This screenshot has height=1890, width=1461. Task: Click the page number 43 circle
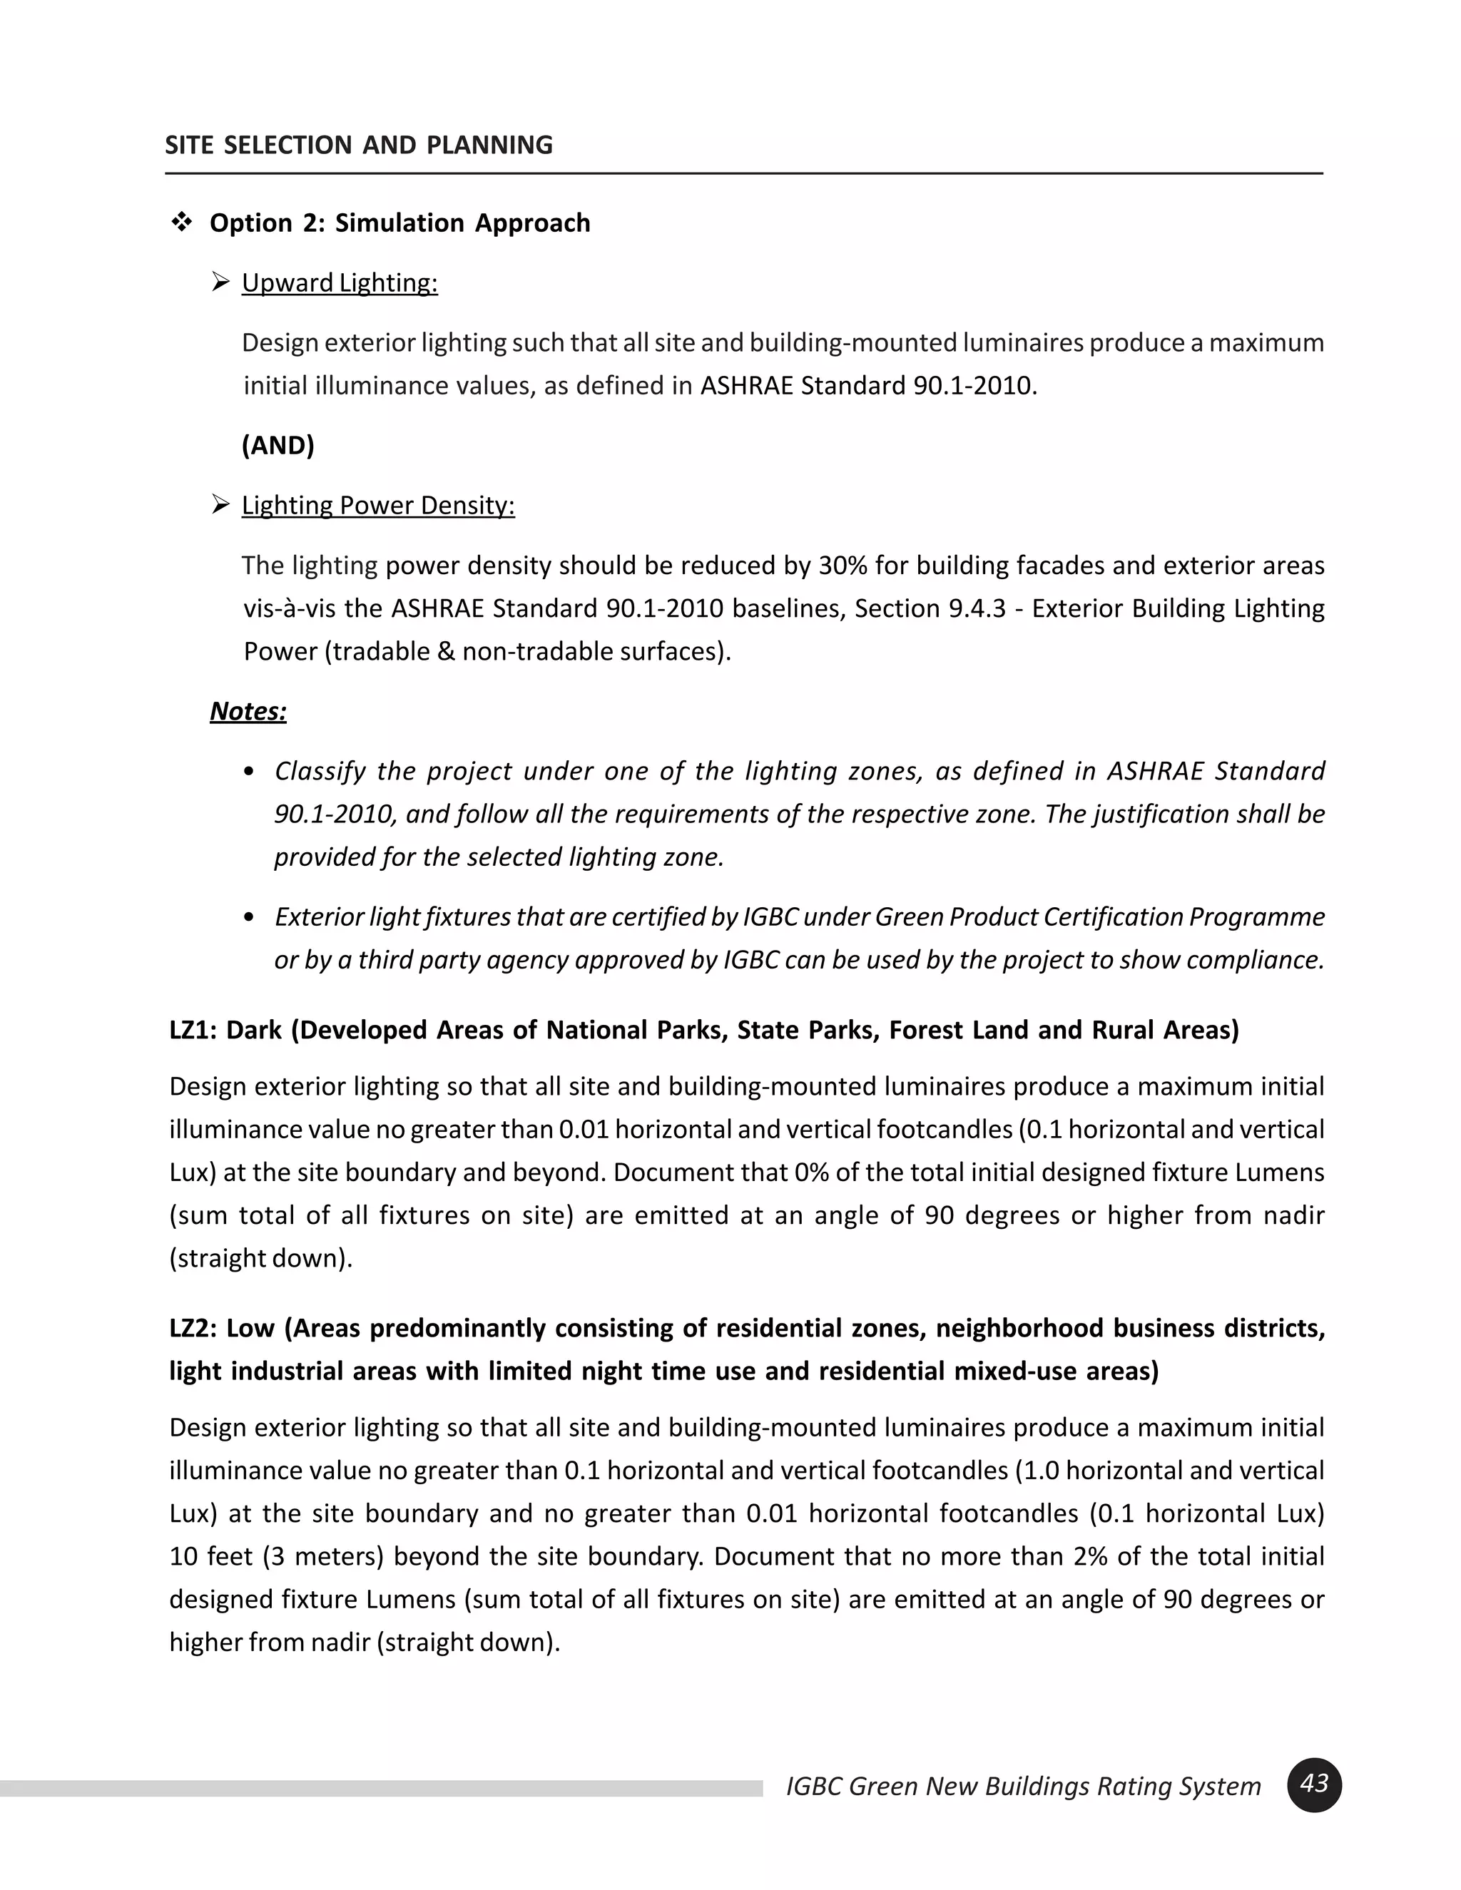[1314, 1784]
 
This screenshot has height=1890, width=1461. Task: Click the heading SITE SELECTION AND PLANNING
[358, 145]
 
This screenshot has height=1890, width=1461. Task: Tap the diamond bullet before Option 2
[182, 223]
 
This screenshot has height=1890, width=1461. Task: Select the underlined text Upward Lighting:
[340, 283]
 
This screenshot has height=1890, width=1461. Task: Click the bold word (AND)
[278, 445]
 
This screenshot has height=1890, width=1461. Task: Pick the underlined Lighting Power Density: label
[377, 506]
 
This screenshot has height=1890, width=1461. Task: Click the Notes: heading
[248, 711]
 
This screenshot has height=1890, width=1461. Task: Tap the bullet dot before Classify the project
[249, 772]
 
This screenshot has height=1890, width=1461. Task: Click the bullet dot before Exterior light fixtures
[249, 917]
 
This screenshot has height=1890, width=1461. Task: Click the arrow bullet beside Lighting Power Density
[220, 504]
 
